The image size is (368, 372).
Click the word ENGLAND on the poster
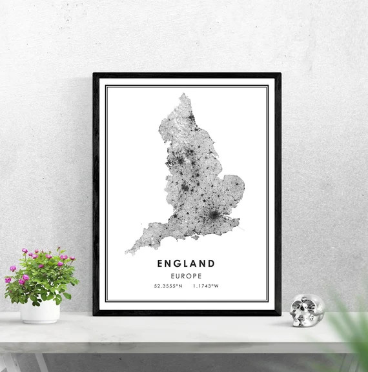click(x=186, y=263)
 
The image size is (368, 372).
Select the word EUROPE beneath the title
click(x=186, y=275)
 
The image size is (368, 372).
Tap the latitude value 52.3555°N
click(x=168, y=286)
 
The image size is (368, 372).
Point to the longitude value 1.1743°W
click(x=205, y=286)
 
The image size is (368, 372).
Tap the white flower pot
click(x=40, y=311)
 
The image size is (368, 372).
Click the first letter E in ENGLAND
click(x=159, y=263)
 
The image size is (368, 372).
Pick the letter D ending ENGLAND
click(x=212, y=263)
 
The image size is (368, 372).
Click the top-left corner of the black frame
click(x=94, y=74)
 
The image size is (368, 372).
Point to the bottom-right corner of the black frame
click(x=279, y=313)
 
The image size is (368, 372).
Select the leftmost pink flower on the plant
click(x=8, y=280)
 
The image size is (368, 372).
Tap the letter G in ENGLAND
click(x=178, y=263)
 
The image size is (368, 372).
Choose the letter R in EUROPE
click(x=182, y=275)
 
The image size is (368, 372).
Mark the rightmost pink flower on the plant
click(x=72, y=259)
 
